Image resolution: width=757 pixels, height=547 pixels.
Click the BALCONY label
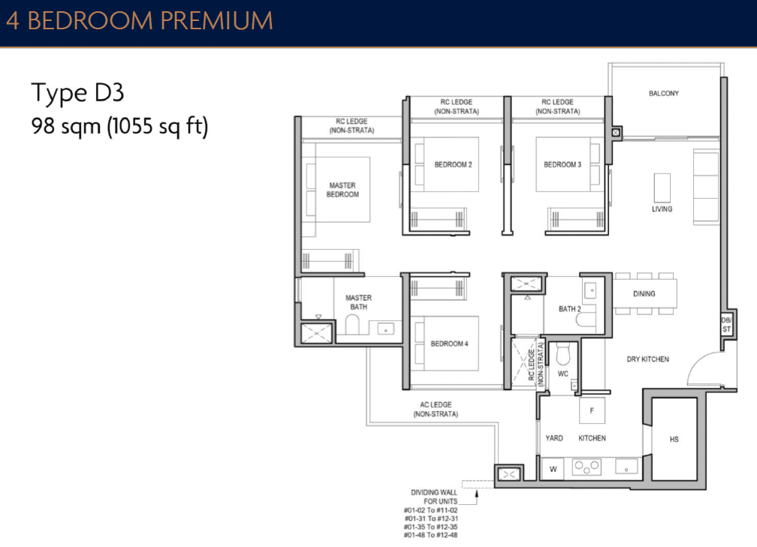tap(663, 94)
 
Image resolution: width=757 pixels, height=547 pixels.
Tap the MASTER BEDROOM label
tap(342, 190)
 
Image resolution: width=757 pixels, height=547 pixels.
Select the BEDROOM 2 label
tap(453, 164)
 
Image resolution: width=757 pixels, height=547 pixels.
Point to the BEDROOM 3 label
tap(562, 164)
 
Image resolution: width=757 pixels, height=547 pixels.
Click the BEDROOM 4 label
tap(449, 344)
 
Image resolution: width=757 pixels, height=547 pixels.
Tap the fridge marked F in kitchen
tap(592, 410)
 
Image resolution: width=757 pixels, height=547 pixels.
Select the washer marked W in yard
tap(553, 470)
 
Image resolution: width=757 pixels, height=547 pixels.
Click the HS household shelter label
tap(674, 439)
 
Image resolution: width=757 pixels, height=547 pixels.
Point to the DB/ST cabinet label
tap(725, 325)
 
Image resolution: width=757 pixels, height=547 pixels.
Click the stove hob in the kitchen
tap(587, 467)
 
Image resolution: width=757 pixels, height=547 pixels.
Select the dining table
tap(645, 293)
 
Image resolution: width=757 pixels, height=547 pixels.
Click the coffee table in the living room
tap(662, 186)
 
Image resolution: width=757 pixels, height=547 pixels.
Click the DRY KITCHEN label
tap(647, 359)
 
